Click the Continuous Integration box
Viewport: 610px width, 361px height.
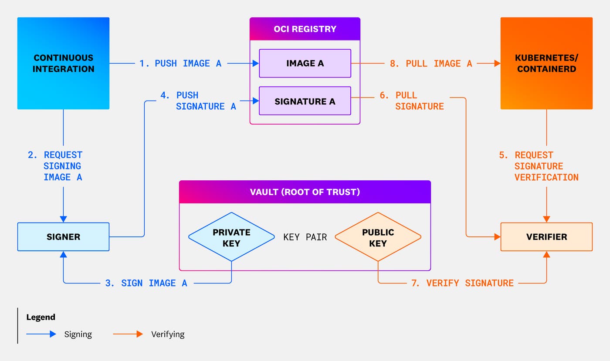pyautogui.click(x=63, y=63)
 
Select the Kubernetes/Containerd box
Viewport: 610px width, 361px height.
pyautogui.click(x=546, y=63)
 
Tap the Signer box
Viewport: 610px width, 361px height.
pyautogui.click(x=63, y=237)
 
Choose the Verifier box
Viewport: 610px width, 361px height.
pyautogui.click(x=546, y=237)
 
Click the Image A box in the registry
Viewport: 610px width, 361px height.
pyautogui.click(x=305, y=63)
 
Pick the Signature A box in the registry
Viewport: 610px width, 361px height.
pyautogui.click(x=305, y=101)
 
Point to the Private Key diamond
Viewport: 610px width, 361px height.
pyautogui.click(x=231, y=237)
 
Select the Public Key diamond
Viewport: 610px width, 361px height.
pyautogui.click(x=378, y=237)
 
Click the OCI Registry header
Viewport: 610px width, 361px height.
pyautogui.click(x=305, y=29)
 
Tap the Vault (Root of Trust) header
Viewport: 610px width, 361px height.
pyautogui.click(x=305, y=192)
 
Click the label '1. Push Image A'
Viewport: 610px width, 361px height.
pyautogui.click(x=180, y=64)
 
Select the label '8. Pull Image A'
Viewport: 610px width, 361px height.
pyautogui.click(x=431, y=64)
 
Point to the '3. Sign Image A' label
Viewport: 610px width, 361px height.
pyautogui.click(x=146, y=283)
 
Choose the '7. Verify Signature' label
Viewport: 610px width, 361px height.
pyautogui.click(x=462, y=283)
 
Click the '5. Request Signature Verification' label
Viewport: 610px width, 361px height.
pyautogui.click(x=539, y=166)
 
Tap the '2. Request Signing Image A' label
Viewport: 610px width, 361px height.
pyautogui.click(x=55, y=166)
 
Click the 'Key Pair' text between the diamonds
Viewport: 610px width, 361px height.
pyautogui.click(x=305, y=237)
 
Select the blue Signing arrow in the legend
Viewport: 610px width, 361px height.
pyautogui.click(x=41, y=334)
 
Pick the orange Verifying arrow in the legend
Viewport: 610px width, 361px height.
pyautogui.click(x=128, y=334)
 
